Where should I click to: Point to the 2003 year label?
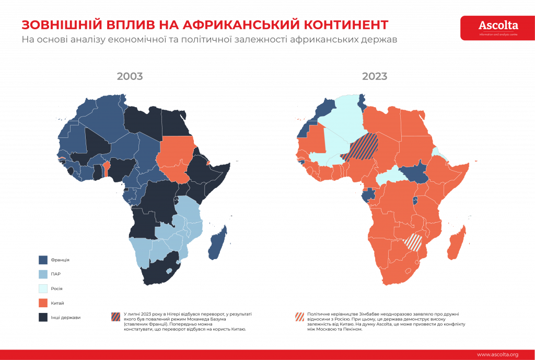click(130, 76)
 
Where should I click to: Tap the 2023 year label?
click(375, 76)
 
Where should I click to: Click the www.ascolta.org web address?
click(497, 354)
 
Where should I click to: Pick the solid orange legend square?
click(43, 303)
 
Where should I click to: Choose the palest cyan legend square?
click(43, 288)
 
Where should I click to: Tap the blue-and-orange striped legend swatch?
click(116, 317)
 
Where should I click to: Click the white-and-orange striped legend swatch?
click(299, 317)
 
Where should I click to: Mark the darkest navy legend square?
click(43, 317)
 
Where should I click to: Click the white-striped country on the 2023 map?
click(414, 242)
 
